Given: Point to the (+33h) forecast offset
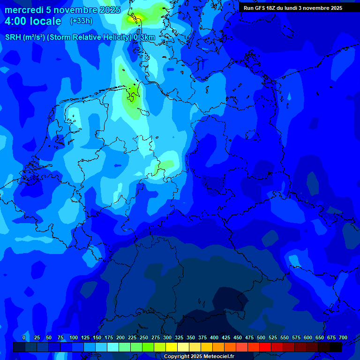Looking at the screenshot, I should click(x=81, y=21).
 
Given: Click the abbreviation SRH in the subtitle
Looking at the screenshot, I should click(x=13, y=37).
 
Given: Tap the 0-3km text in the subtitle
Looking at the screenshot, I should click(x=144, y=37).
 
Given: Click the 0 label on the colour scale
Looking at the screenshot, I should click(x=24, y=337).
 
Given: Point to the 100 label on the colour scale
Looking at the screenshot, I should click(x=74, y=337).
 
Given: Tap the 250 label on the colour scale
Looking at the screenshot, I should click(x=144, y=337).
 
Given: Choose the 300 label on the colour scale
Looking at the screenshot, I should click(x=167, y=337).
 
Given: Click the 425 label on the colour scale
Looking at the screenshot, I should click(x=226, y=337).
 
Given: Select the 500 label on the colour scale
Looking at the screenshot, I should click(x=261, y=337).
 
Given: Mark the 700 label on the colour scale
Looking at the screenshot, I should click(x=343, y=337).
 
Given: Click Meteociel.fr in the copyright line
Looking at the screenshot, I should click(x=217, y=357).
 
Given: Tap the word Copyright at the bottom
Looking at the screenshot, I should click(x=177, y=357).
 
